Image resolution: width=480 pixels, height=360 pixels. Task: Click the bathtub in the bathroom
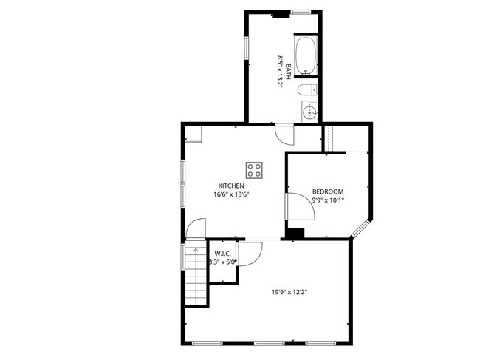(x=306, y=57)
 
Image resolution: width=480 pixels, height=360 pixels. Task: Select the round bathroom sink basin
(x=309, y=112)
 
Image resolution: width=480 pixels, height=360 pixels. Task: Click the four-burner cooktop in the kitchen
(x=255, y=171)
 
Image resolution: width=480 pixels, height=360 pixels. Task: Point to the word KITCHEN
(x=230, y=186)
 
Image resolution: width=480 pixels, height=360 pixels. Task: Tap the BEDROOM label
(x=327, y=191)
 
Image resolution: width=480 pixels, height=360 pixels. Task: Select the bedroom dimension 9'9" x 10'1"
(x=327, y=200)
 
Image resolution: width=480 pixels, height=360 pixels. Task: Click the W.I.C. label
(x=222, y=254)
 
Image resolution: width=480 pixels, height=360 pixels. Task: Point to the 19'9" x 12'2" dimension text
(x=289, y=291)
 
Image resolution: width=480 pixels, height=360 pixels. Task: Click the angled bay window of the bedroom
(x=362, y=228)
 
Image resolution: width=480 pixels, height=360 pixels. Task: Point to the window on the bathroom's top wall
(x=300, y=12)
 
